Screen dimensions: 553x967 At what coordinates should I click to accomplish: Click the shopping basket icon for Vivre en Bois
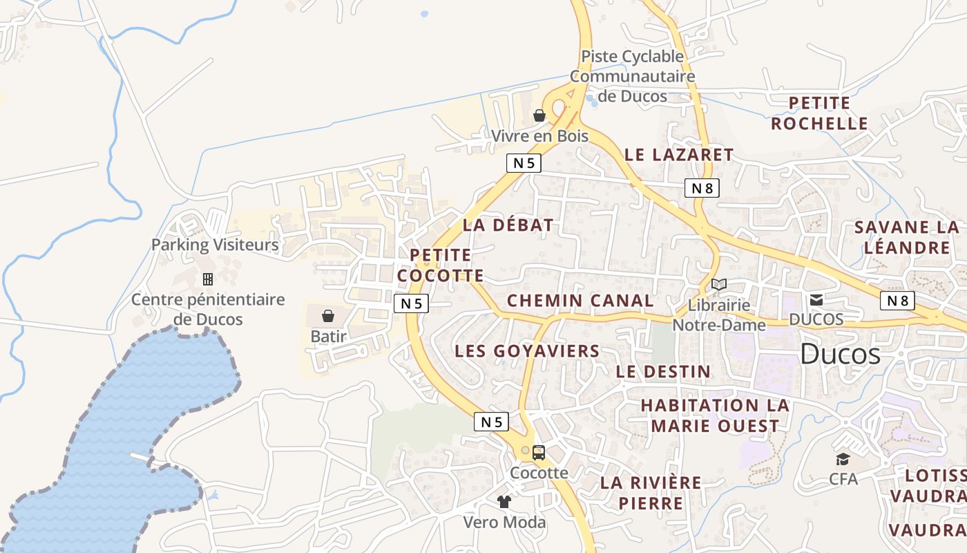point(539,115)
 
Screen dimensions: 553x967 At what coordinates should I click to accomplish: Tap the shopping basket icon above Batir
point(328,316)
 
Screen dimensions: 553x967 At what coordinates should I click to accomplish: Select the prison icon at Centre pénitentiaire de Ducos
point(207,279)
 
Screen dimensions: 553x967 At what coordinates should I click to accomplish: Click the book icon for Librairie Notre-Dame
point(719,285)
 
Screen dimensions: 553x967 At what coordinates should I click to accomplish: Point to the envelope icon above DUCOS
point(816,299)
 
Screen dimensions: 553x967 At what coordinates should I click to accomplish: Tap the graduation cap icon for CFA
point(843,459)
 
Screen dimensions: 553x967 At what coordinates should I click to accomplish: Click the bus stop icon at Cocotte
point(539,453)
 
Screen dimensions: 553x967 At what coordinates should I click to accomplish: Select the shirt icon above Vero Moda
point(504,502)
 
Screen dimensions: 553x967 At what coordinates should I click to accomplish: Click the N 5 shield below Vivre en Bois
point(524,163)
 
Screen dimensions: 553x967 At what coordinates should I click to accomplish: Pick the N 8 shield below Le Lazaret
point(702,187)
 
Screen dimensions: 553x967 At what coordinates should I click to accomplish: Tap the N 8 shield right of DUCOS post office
point(897,301)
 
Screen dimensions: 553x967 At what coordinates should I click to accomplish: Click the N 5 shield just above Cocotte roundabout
point(491,422)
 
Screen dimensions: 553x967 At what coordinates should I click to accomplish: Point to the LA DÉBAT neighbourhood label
point(508,225)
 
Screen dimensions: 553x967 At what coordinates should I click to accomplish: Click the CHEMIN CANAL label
point(580,301)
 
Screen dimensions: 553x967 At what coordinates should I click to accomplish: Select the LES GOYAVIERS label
point(527,351)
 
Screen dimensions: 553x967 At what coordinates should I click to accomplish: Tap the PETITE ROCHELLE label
point(819,113)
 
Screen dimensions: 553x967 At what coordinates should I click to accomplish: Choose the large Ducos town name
point(840,355)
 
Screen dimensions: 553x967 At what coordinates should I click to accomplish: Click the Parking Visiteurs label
point(215,245)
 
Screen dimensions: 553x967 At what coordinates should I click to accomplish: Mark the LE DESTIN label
point(663,372)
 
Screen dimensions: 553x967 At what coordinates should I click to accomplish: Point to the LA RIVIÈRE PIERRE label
point(651,492)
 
